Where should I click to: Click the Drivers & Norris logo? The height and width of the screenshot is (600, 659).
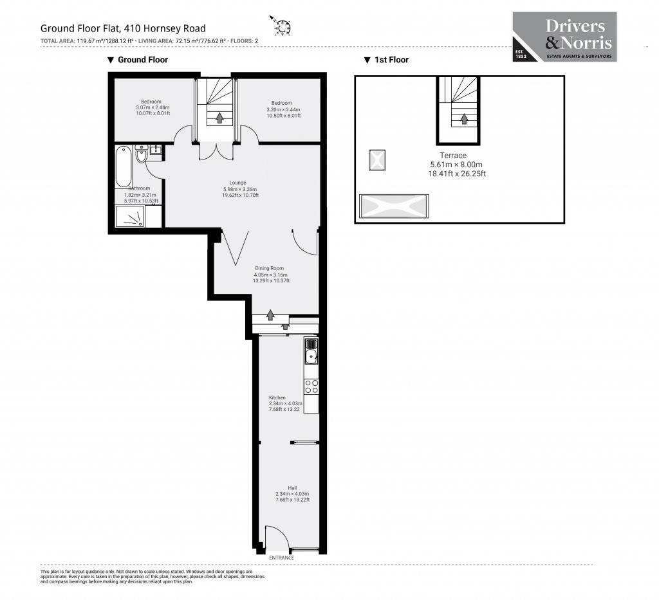[x=564, y=37]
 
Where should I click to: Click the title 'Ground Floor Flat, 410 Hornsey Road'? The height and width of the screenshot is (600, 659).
[x=123, y=28]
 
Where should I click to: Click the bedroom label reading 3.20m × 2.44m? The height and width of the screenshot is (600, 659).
[x=281, y=109]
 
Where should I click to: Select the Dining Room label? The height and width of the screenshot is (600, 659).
[x=268, y=274]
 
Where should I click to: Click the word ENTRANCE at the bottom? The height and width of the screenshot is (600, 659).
[x=281, y=558]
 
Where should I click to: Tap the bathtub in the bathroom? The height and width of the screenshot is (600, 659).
[x=124, y=167]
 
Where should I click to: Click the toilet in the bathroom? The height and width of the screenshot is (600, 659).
[x=142, y=156]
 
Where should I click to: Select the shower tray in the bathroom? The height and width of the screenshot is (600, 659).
[x=130, y=217]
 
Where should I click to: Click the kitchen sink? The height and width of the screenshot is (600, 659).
[x=311, y=352]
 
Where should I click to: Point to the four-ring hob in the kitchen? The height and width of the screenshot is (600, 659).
[x=311, y=386]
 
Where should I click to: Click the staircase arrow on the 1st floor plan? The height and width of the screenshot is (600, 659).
[x=464, y=119]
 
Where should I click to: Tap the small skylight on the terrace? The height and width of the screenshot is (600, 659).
[x=377, y=160]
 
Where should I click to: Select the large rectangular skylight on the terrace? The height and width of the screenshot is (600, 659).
[x=393, y=206]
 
